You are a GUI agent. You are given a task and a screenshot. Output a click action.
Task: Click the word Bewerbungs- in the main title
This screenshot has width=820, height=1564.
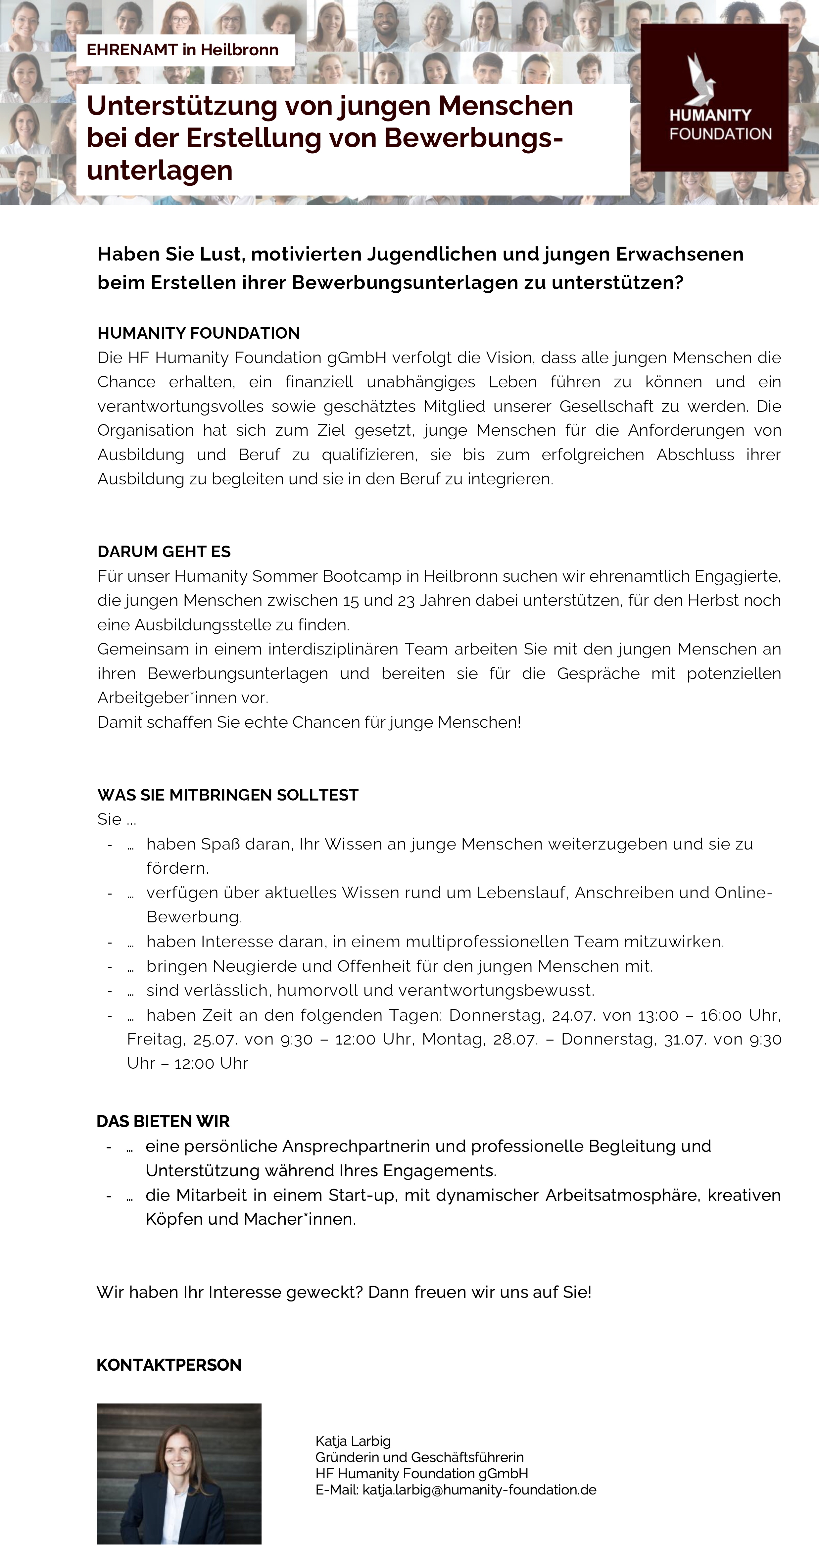(473, 138)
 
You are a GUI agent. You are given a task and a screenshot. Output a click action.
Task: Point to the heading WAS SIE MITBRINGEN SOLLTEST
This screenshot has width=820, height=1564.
(228, 795)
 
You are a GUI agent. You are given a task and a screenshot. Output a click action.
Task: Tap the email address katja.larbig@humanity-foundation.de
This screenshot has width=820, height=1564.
(479, 1490)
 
